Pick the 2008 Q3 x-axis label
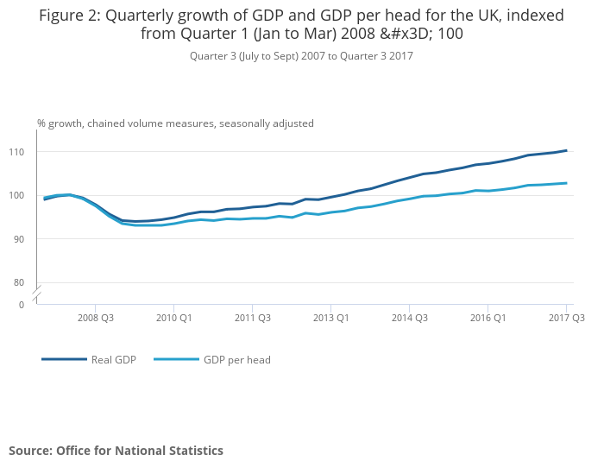click(95, 318)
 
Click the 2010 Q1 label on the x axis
click(173, 318)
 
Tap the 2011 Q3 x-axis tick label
click(252, 318)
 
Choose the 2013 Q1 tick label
click(330, 318)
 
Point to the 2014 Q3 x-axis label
click(409, 318)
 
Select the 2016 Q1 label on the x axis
click(488, 318)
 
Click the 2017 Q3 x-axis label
click(566, 318)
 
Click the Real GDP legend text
click(114, 360)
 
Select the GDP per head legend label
click(237, 360)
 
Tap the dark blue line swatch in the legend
click(64, 359)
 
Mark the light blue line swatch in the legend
click(176, 359)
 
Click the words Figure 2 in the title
click(70, 16)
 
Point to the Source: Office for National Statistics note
click(116, 451)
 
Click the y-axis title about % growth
click(175, 123)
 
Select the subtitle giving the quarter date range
click(301, 56)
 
